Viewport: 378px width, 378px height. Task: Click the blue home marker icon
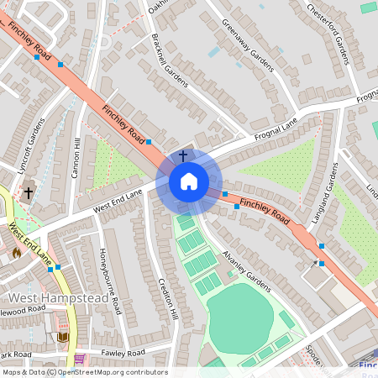coord(189,181)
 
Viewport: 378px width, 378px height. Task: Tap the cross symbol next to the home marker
coord(184,156)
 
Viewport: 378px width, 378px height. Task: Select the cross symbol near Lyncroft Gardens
coord(28,192)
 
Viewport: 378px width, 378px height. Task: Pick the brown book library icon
coord(62,337)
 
